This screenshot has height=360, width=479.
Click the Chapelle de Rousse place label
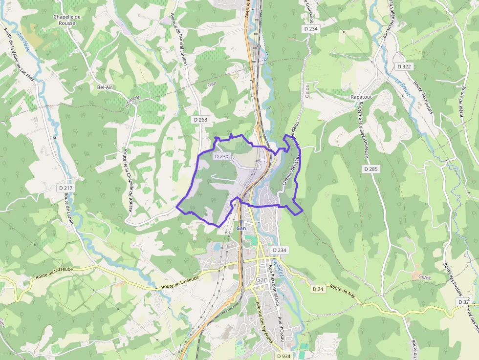(x=67, y=20)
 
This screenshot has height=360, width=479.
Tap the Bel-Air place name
(x=105, y=87)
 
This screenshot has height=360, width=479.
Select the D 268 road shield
(x=200, y=120)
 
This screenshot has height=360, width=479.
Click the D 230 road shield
(x=221, y=156)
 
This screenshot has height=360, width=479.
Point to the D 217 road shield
(x=65, y=188)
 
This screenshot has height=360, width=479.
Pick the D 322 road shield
(x=404, y=66)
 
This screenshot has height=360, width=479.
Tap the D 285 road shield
(x=371, y=169)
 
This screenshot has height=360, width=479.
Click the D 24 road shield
(x=318, y=289)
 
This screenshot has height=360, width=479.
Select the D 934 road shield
(x=283, y=356)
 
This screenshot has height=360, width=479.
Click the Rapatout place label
(x=361, y=97)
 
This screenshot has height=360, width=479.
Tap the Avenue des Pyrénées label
(x=264, y=322)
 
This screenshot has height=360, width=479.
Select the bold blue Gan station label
(x=241, y=228)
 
